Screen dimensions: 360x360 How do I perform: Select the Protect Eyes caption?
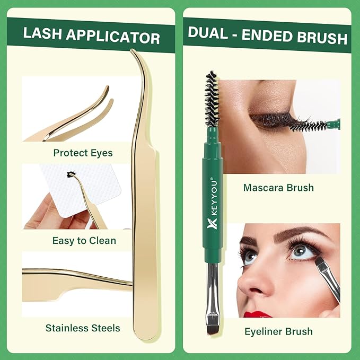[x=83, y=153]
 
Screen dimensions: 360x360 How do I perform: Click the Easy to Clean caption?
[x=84, y=241]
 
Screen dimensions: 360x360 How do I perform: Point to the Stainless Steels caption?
[x=83, y=328]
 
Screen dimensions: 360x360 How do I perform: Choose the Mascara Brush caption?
[x=278, y=187]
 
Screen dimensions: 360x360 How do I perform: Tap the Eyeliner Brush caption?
[x=278, y=331]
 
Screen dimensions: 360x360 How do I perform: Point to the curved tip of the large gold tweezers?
[x=137, y=56]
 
